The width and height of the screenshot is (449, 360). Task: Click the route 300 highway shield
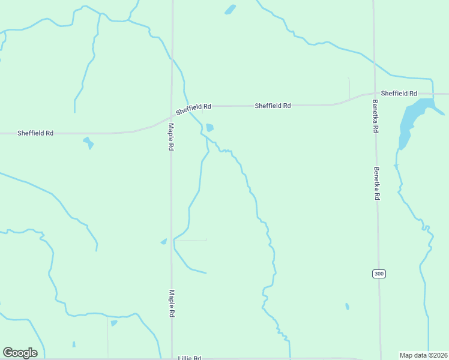point(378,274)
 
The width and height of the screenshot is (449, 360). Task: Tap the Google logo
point(20,353)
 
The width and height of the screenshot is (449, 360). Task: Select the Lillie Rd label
point(190,358)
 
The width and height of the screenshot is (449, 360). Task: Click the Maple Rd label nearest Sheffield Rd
point(171,137)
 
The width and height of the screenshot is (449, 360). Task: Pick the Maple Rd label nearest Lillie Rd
point(172,304)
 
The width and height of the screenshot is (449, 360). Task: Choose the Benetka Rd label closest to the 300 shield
point(377,183)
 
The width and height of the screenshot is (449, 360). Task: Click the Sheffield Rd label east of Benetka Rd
point(399,94)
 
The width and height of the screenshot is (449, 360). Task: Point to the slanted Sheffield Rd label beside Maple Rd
point(193,109)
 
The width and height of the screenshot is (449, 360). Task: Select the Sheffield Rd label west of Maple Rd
point(35,133)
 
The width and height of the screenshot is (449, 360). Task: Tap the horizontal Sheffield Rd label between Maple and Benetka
point(273,106)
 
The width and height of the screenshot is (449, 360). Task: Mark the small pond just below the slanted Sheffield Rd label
point(209,128)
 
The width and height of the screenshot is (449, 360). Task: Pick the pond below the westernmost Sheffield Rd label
point(89,143)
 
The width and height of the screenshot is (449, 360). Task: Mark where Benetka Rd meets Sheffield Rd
point(374,94)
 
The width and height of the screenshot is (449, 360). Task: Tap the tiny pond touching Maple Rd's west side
point(163,242)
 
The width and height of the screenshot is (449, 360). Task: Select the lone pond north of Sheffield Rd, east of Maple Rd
point(230,9)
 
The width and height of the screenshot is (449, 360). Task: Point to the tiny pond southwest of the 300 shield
point(347,306)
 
